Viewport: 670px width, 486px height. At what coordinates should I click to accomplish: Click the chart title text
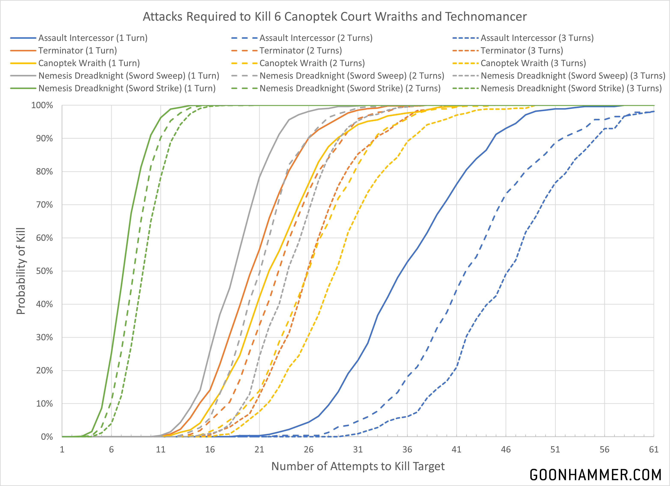click(x=335, y=16)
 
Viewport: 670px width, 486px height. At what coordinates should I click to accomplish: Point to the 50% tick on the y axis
click(x=44, y=271)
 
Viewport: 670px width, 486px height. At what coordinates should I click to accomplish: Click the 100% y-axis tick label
click(x=42, y=106)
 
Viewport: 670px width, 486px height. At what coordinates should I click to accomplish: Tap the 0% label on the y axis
click(x=47, y=437)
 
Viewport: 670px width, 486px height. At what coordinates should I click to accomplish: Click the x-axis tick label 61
click(x=654, y=449)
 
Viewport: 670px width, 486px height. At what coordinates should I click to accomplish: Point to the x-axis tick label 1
click(x=62, y=449)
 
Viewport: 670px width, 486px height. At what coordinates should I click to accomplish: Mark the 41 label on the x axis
click(x=457, y=449)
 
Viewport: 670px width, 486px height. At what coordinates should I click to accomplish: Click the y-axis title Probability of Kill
click(x=21, y=271)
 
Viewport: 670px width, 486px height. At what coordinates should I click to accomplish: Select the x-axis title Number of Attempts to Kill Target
click(x=358, y=466)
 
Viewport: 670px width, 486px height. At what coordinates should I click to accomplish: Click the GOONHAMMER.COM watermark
click(x=595, y=475)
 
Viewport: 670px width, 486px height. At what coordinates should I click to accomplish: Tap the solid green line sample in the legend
click(x=23, y=89)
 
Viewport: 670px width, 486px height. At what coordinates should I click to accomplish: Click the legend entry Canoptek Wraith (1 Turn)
click(x=89, y=63)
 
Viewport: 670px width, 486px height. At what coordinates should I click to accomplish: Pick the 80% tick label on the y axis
click(x=44, y=172)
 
